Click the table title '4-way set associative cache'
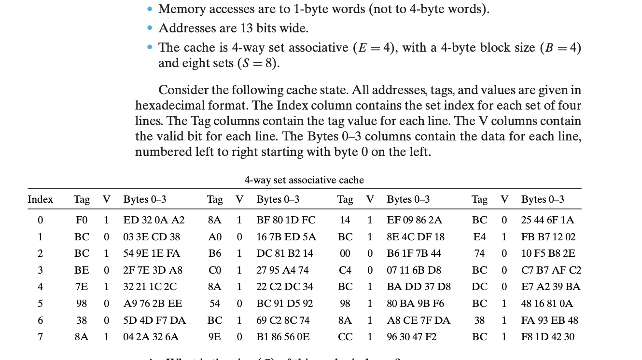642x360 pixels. (x=304, y=180)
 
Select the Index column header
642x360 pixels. (x=41, y=199)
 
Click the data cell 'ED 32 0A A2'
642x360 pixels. (x=154, y=220)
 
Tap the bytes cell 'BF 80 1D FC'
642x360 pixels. (x=286, y=220)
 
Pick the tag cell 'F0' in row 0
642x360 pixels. (x=82, y=220)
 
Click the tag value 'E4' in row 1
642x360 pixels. (x=479, y=237)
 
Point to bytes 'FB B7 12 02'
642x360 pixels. (x=548, y=237)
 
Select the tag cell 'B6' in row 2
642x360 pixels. (x=215, y=253)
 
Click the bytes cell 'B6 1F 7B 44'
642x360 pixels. (x=414, y=253)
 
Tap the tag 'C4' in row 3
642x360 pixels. (x=345, y=270)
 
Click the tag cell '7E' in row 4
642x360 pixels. (x=82, y=287)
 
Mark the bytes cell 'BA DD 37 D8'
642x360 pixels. (x=419, y=287)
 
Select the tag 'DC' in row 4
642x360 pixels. (x=479, y=287)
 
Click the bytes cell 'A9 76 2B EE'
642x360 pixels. (x=153, y=304)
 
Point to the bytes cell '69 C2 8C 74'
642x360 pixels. (x=285, y=320)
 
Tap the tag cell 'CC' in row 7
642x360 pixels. (x=345, y=337)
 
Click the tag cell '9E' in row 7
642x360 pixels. (x=215, y=337)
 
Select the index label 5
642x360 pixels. (x=41, y=304)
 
